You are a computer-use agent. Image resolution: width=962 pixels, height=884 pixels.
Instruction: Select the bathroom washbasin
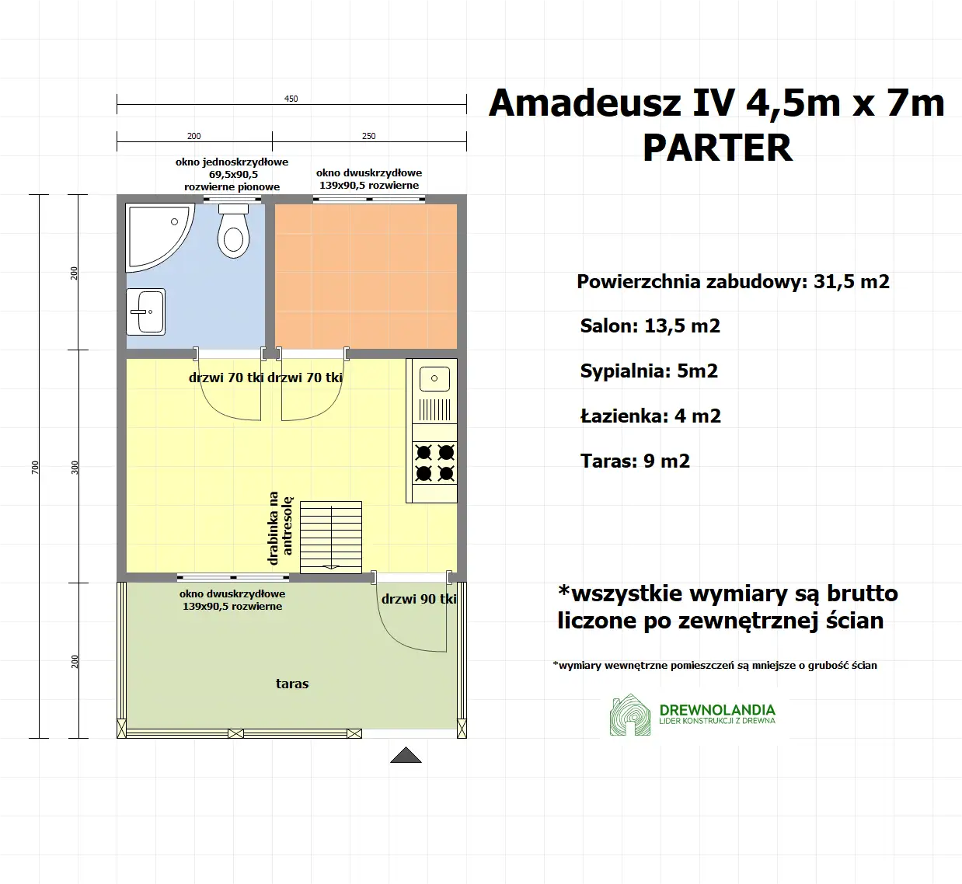click(x=145, y=311)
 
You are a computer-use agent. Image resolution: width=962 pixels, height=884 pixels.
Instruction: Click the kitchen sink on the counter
click(x=434, y=378)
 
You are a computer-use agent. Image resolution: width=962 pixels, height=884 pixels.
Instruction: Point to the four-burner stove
click(x=434, y=463)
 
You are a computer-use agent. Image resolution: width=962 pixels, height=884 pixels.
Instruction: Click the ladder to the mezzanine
click(x=331, y=537)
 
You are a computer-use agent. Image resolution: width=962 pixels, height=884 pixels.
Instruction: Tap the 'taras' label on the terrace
click(x=292, y=684)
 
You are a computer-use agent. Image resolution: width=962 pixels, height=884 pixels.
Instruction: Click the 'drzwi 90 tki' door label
click(x=419, y=599)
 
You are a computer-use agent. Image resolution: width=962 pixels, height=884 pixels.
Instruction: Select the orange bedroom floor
click(x=366, y=276)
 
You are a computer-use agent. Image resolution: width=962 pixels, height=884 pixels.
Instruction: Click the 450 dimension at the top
click(x=291, y=99)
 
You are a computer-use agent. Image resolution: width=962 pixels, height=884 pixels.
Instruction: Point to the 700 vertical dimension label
click(x=35, y=467)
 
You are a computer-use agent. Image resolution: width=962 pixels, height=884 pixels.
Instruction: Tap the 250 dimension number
click(x=369, y=136)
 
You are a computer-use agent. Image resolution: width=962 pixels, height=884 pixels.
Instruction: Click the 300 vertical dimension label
click(x=75, y=467)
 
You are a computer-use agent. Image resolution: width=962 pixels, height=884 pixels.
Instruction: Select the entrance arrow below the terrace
click(x=406, y=755)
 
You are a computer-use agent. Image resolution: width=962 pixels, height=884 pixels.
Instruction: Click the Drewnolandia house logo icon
click(x=630, y=715)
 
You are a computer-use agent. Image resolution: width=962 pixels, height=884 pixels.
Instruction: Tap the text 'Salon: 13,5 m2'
click(x=650, y=326)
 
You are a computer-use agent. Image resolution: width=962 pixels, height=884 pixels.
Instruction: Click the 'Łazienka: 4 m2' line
click(x=650, y=416)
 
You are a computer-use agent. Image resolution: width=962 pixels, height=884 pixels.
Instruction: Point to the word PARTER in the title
click(x=717, y=148)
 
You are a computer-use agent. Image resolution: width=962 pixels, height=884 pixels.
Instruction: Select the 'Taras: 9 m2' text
click(x=635, y=461)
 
